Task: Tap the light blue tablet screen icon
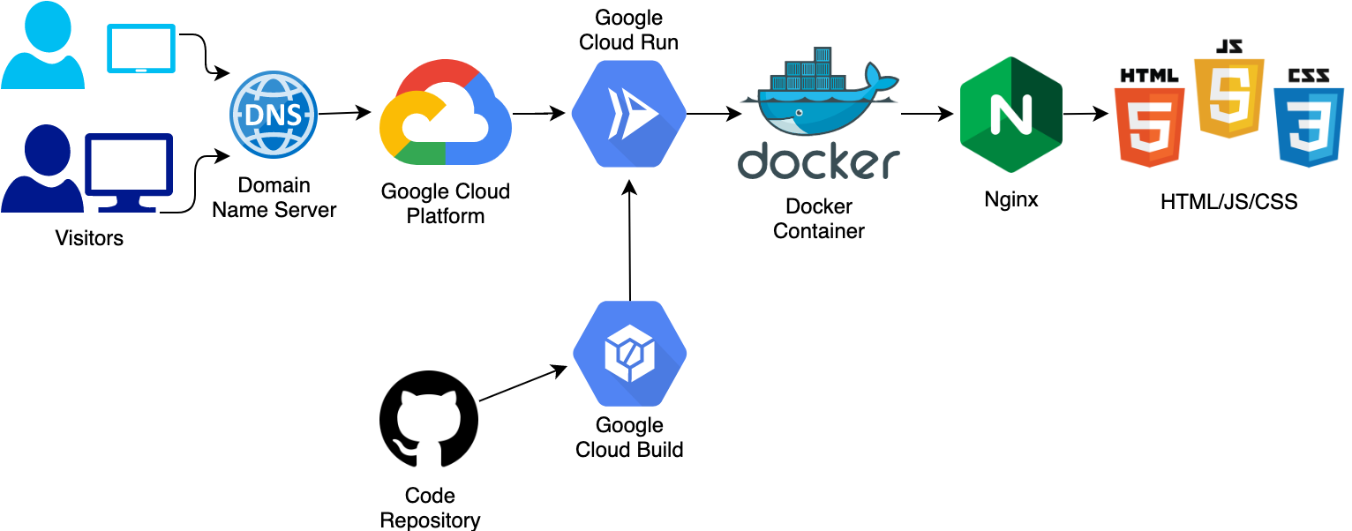click(140, 49)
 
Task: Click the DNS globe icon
click(274, 116)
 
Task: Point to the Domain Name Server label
click(274, 198)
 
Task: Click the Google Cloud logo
click(446, 115)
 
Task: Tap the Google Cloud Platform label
click(447, 205)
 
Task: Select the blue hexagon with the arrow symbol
click(628, 114)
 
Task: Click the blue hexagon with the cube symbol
click(629, 353)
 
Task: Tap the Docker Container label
click(818, 219)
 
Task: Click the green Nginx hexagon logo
click(1010, 115)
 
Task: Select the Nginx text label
click(1011, 202)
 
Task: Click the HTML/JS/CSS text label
click(1228, 203)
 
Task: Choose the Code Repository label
click(430, 507)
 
